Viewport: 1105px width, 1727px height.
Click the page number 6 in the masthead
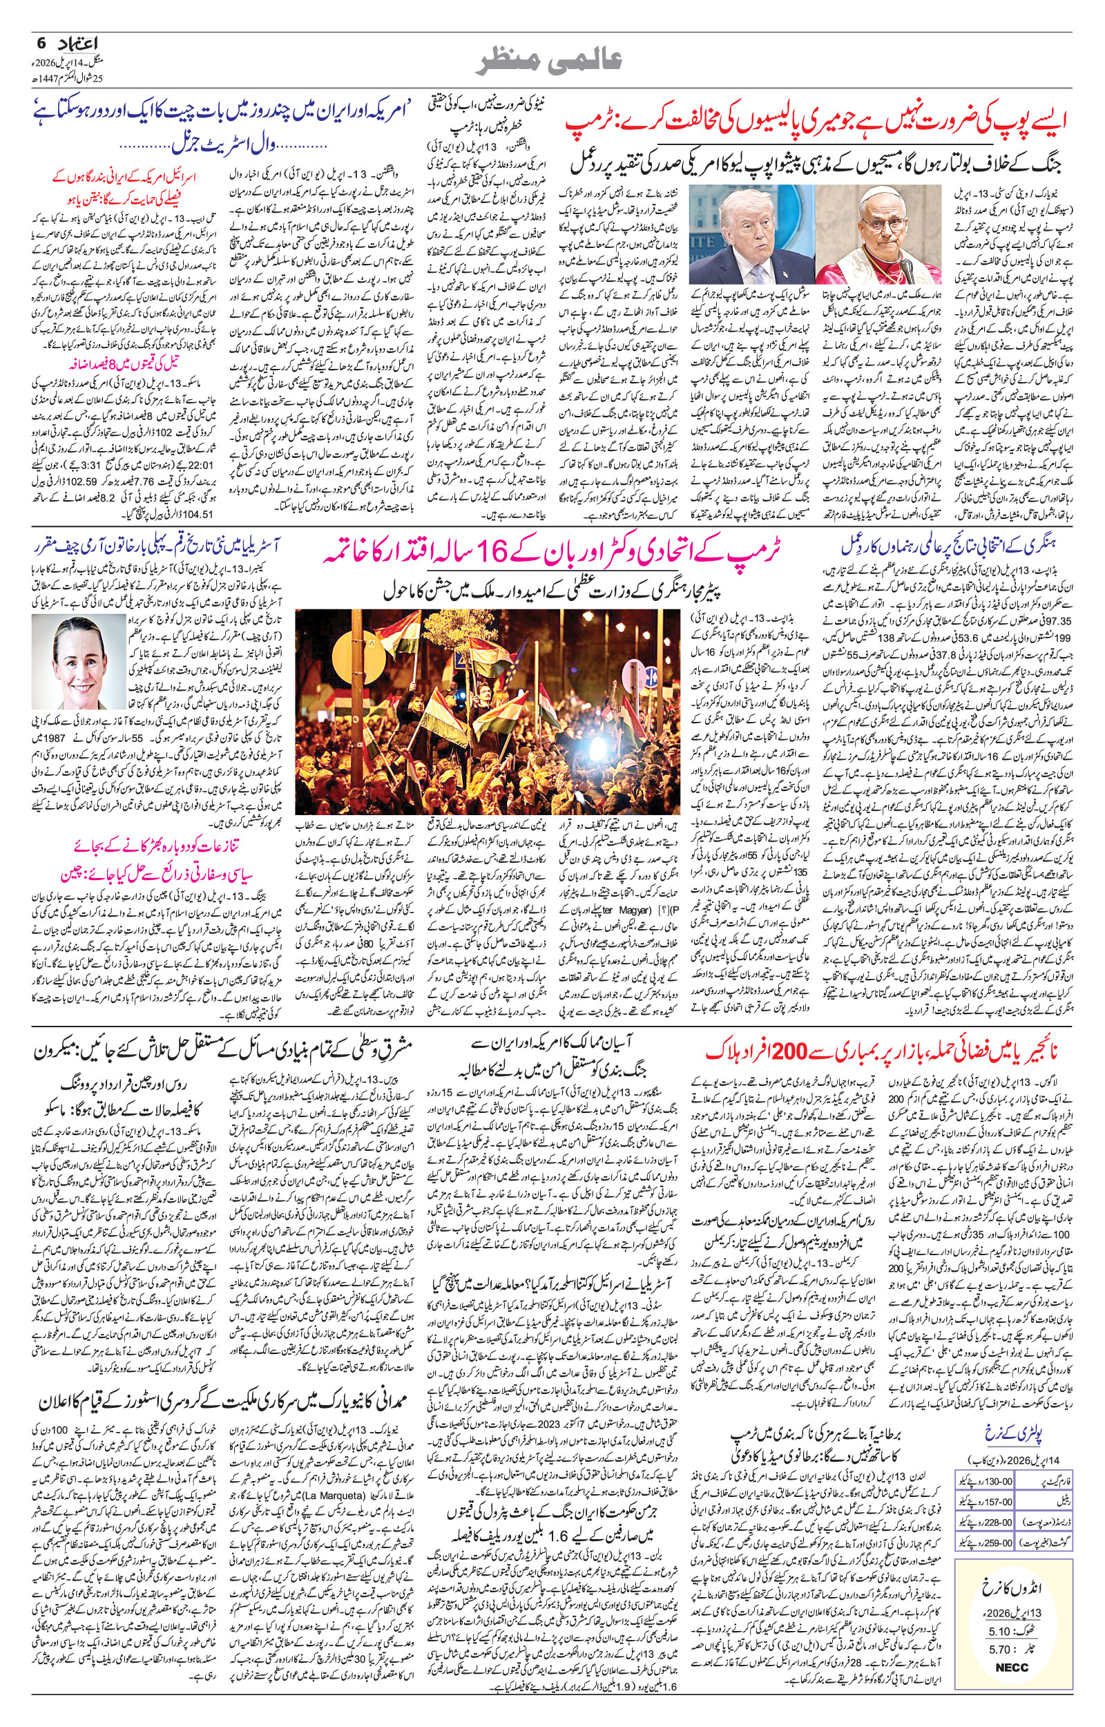pyautogui.click(x=41, y=44)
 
